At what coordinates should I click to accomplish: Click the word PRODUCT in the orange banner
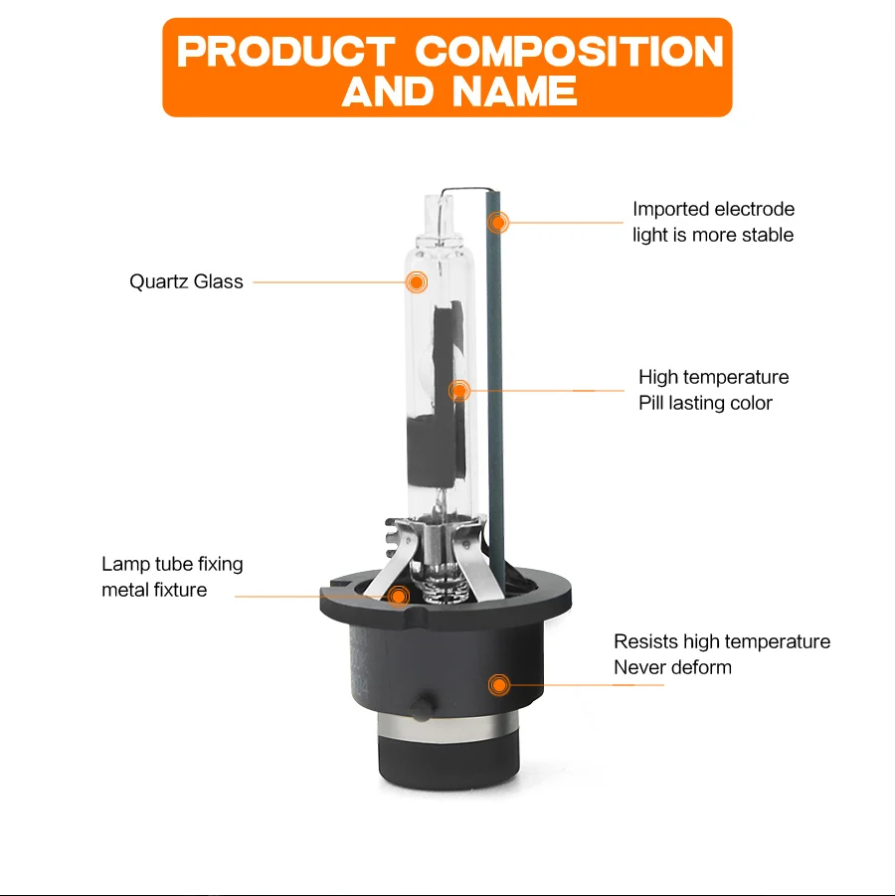[x=285, y=52]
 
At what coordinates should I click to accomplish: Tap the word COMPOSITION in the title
[x=569, y=52]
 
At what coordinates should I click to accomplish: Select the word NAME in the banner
[x=514, y=91]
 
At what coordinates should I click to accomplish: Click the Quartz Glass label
[x=186, y=281]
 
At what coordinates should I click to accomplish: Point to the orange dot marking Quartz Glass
[x=417, y=282]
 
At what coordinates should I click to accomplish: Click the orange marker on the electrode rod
[x=498, y=223]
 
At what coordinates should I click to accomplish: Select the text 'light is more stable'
[x=713, y=235]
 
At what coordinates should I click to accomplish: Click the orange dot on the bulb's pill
[x=458, y=391]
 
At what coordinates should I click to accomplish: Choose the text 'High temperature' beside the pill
[x=714, y=377]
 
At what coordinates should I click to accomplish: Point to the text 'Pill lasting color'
[x=705, y=403]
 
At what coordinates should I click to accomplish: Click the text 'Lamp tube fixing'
[x=172, y=564]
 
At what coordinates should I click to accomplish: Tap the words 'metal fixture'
[x=154, y=590]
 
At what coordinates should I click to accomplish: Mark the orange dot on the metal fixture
[x=399, y=597]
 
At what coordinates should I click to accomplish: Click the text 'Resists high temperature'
[x=722, y=641]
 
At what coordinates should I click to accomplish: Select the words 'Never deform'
[x=672, y=667]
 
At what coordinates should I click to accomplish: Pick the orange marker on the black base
[x=499, y=684]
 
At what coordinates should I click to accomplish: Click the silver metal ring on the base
[x=449, y=727]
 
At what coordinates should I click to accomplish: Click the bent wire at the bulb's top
[x=464, y=189]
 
